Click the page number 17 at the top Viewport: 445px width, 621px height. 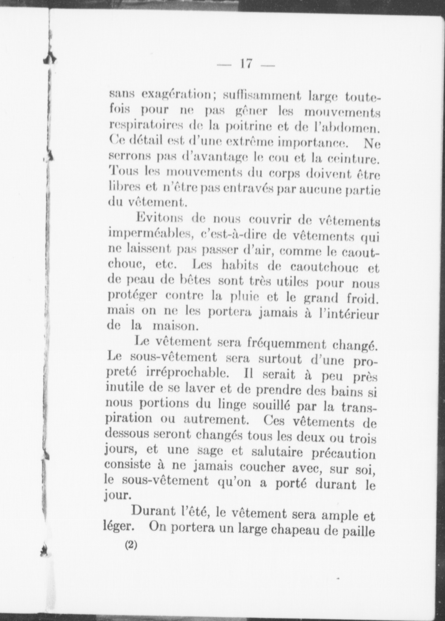tap(246, 64)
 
